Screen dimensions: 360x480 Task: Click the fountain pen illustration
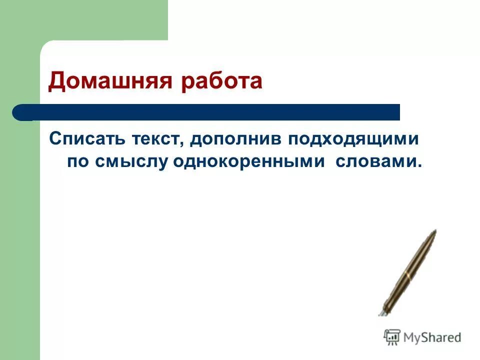[x=407, y=272]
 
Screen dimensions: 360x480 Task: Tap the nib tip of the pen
[x=380, y=313]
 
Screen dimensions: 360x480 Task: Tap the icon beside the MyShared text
[x=392, y=337]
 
